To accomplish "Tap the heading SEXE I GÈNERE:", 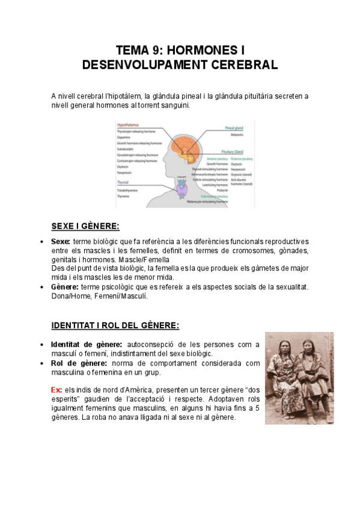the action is pos(85,226).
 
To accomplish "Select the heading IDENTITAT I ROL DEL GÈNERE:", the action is pos(115,325).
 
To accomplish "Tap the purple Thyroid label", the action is pos(122,181).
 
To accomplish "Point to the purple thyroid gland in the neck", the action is pos(182,190).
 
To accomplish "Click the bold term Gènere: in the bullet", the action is pos(64,287).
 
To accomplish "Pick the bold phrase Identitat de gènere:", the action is pos(87,344).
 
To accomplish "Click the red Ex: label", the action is pos(56,390).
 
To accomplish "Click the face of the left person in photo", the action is pos(287,349).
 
